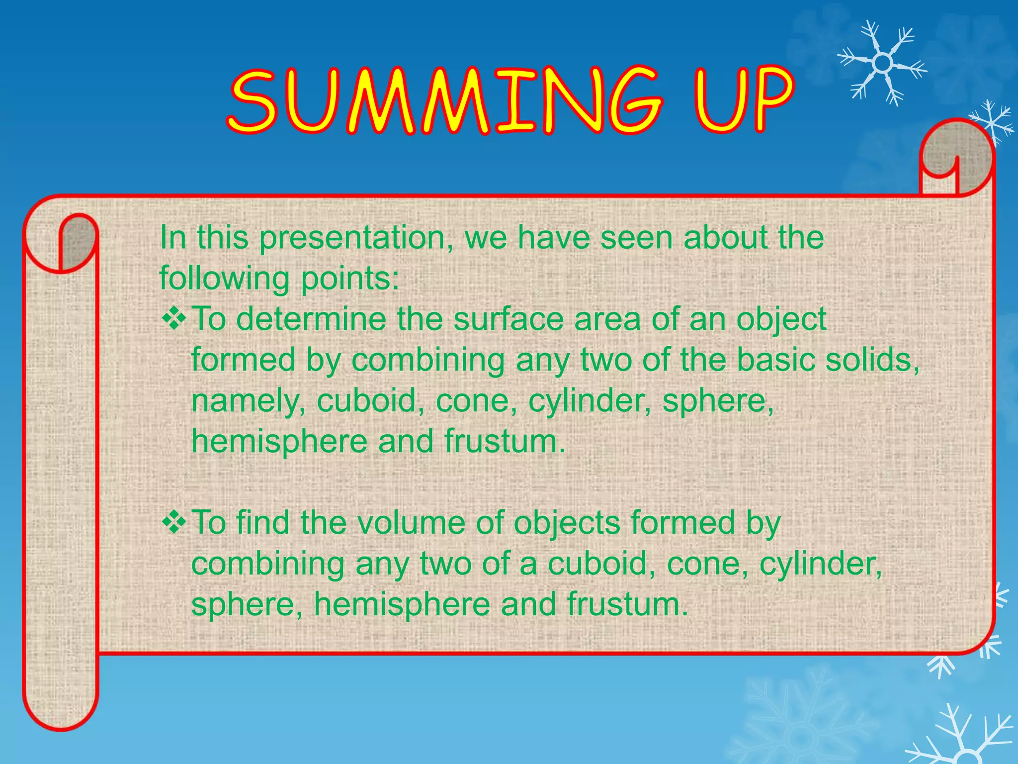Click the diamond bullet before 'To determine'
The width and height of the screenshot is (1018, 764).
tap(174, 319)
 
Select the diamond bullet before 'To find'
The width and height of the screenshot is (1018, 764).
tap(174, 523)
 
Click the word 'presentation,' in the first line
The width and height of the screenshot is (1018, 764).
tap(356, 238)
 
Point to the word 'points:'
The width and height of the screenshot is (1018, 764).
tap(350, 279)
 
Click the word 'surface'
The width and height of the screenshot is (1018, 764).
tap(508, 319)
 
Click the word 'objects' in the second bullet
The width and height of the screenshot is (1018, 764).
tap(567, 524)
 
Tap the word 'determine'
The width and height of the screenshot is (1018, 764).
tap(311, 319)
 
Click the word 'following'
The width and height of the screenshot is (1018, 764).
tap(224, 279)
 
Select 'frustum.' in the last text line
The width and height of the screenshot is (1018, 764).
tap(627, 604)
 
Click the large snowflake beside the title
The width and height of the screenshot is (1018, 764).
tap(882, 64)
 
